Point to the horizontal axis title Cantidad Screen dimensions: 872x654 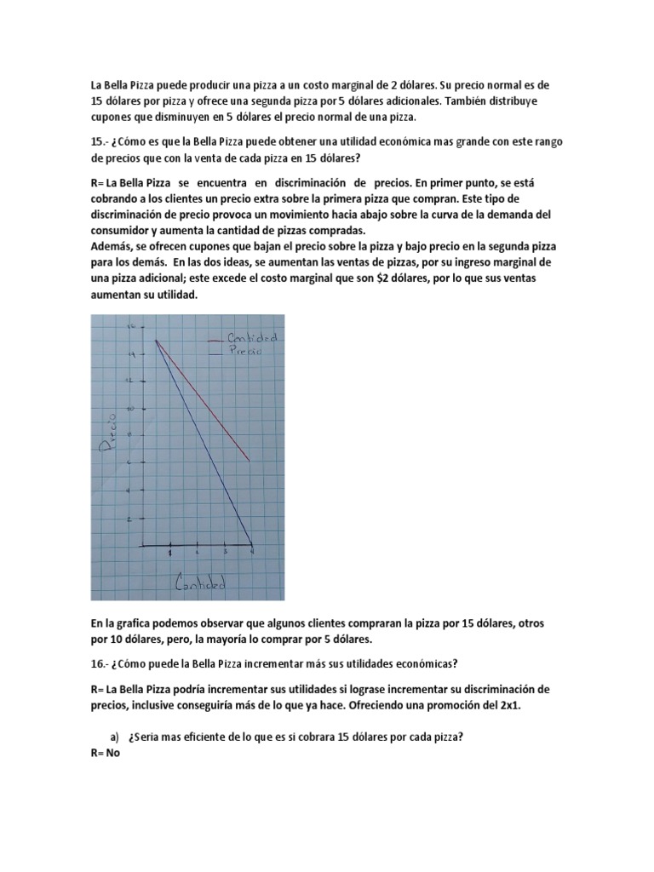[201, 585]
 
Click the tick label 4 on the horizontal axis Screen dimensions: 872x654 [251, 554]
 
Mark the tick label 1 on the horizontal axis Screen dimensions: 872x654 [169, 554]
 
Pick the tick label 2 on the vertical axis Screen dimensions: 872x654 [129, 518]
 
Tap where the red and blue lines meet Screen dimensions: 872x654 [156, 341]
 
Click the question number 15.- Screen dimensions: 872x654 [100, 141]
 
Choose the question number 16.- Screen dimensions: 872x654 [100, 663]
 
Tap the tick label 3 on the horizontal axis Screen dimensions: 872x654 [225, 554]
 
